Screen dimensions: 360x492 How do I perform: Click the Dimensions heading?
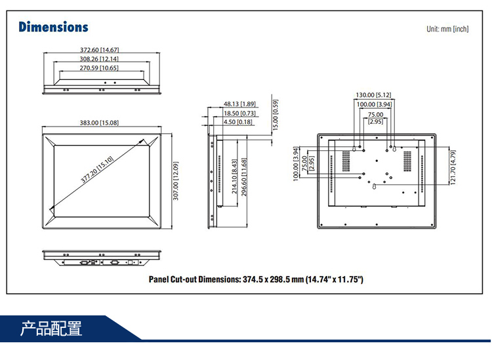tap(53, 27)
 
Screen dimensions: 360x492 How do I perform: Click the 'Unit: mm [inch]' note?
tap(447, 29)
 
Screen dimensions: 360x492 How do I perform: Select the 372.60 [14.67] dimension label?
tap(99, 50)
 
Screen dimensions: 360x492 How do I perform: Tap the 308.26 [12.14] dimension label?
tap(99, 59)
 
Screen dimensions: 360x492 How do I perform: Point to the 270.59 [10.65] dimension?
tap(99, 68)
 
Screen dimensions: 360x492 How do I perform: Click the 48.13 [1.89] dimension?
tap(239, 104)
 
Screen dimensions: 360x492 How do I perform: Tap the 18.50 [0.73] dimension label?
tap(239, 113)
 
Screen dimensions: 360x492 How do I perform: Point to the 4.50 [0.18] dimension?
tap(238, 122)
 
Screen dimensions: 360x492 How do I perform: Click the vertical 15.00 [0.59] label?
tap(276, 114)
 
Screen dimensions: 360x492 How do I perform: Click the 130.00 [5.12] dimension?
tap(373, 95)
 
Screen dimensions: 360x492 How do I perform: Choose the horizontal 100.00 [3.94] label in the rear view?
tap(374, 104)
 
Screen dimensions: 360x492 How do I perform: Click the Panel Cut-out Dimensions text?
tap(256, 279)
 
